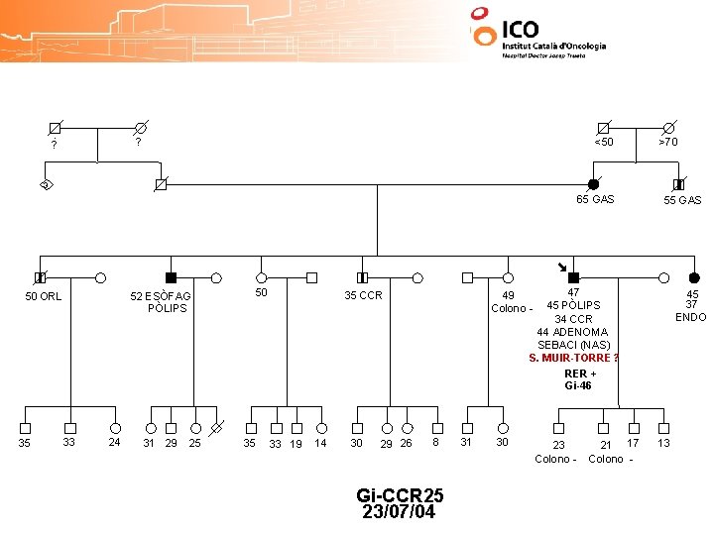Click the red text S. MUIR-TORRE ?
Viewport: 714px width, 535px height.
click(574, 358)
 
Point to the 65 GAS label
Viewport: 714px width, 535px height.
click(595, 199)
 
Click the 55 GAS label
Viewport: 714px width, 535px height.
click(682, 200)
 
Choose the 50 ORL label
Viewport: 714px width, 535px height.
click(43, 296)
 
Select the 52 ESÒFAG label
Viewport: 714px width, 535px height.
click(161, 296)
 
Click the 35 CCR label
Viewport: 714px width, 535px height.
click(363, 295)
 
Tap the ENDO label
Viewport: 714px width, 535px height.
click(690, 317)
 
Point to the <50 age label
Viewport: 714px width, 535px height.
click(603, 142)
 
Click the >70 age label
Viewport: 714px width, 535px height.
click(668, 142)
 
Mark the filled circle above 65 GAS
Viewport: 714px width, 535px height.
click(593, 184)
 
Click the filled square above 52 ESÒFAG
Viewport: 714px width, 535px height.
click(171, 277)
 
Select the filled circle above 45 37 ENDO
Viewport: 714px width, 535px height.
click(694, 277)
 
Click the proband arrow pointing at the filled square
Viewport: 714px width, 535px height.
click(561, 266)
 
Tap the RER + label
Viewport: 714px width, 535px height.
click(580, 374)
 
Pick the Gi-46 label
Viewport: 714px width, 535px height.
click(578, 385)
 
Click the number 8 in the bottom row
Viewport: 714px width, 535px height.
click(436, 442)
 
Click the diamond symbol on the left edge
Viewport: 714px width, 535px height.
click(46, 185)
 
